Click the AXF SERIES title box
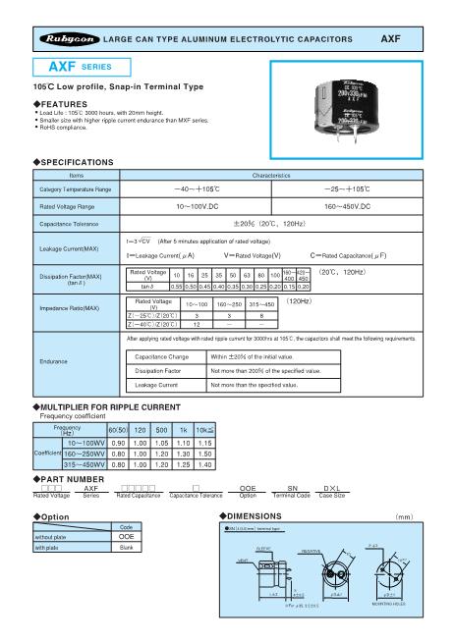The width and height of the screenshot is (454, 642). click(72, 68)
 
